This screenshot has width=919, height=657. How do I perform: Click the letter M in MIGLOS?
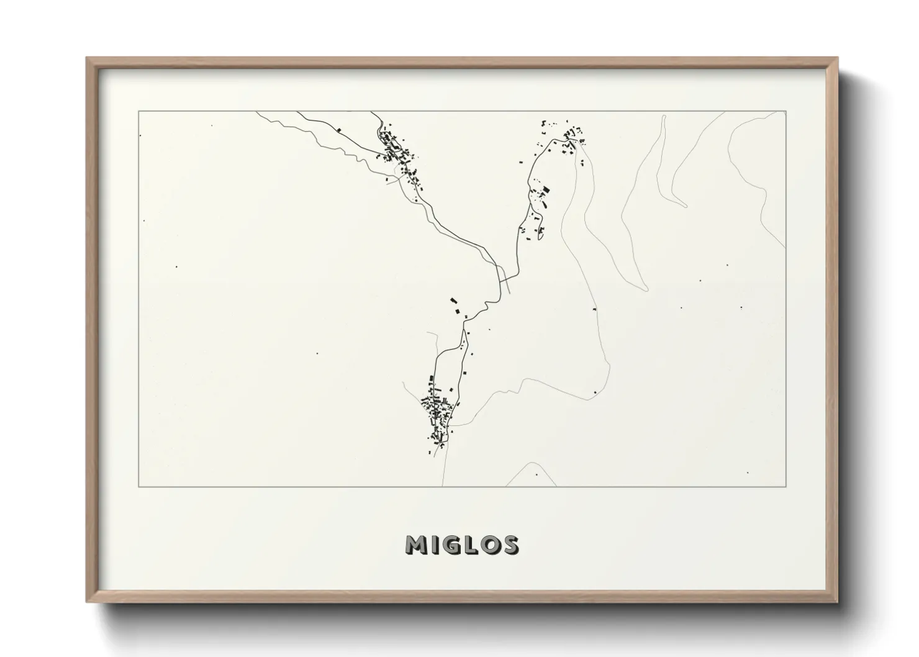coord(417,545)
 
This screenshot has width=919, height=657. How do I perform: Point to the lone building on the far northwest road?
coord(339,129)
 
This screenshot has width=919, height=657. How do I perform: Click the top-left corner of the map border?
coord(138,112)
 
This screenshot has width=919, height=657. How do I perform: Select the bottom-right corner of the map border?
coord(786,487)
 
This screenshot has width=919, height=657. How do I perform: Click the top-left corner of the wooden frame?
coord(87,58)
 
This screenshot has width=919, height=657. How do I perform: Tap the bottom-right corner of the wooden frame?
coord(838,602)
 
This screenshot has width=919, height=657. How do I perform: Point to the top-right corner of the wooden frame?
coord(838,58)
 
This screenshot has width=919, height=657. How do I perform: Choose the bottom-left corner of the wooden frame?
coord(87,602)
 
